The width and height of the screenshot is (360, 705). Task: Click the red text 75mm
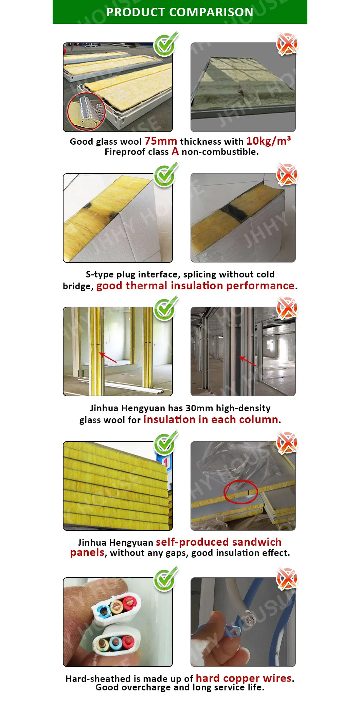coord(161,141)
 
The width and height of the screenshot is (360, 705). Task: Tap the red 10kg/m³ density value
coord(268,141)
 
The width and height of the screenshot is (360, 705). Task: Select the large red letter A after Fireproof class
coord(175,151)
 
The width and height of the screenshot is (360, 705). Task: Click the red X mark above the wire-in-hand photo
coord(287,579)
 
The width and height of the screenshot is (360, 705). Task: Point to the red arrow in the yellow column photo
coord(108,358)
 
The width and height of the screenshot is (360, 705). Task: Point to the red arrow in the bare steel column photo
coord(248,361)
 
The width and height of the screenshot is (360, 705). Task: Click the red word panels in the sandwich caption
coord(87,553)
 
